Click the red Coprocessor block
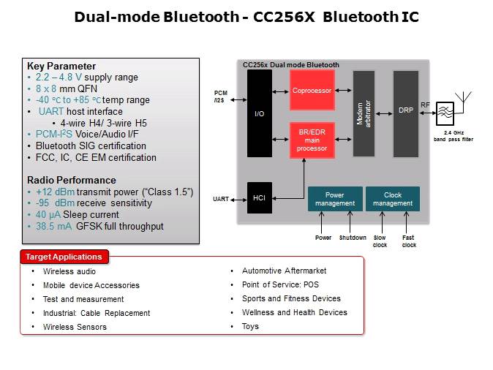(x=312, y=91)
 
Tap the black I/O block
(x=259, y=113)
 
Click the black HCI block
(x=259, y=198)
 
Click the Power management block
(x=334, y=199)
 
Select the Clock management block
(x=392, y=199)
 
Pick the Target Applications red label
(x=64, y=257)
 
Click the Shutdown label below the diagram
(x=352, y=238)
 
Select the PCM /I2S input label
(x=220, y=97)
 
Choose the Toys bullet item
(x=250, y=326)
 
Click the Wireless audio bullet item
(x=69, y=271)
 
